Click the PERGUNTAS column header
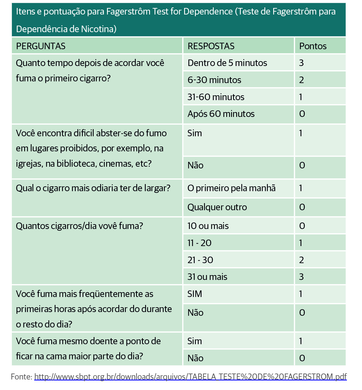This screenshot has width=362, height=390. coord(41,46)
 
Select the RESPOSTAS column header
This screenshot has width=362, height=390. coord(211,46)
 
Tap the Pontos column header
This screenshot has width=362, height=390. coord(313,46)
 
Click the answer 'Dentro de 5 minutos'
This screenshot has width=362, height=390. coord(227,63)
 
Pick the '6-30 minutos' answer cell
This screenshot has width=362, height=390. coord(214,80)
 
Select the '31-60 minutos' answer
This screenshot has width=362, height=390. coord(216,97)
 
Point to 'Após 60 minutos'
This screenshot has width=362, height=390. coord(221,114)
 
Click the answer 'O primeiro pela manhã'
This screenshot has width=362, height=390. coord(231,188)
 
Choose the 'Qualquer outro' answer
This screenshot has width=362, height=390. coord(217,207)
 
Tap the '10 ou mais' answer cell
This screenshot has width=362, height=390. coord(208,226)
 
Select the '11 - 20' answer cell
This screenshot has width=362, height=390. coord(199,243)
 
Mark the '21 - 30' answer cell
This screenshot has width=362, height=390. coord(200,260)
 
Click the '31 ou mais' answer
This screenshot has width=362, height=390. coord(207,277)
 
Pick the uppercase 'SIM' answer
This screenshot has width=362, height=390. coord(195,294)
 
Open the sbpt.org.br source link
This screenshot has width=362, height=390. coord(190,377)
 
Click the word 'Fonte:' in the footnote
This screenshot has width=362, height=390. coord(22,377)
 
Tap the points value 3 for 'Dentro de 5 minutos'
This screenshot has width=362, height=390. coord(301,63)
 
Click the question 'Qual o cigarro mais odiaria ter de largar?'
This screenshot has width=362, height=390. coord(93,188)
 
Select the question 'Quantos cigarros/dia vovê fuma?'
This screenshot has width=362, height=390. coord(79,226)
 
